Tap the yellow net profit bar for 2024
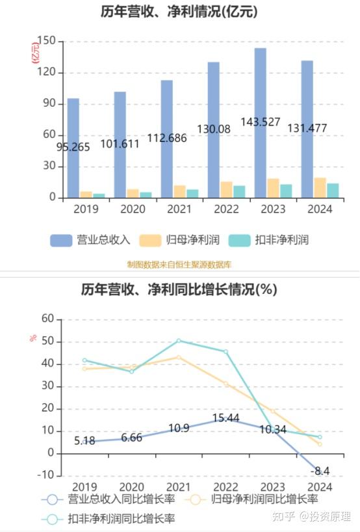[x=320, y=187]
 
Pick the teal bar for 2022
[x=240, y=191]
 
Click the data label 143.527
[x=260, y=122]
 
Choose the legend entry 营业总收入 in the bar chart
[x=91, y=240]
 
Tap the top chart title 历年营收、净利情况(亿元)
[x=179, y=11]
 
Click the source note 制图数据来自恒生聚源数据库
[x=179, y=264]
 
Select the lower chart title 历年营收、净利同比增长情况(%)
[x=179, y=289]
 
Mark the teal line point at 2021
[x=179, y=341]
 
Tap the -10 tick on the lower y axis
[x=45, y=475]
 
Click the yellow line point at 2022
[x=226, y=384]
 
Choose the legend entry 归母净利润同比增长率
[x=257, y=499]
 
